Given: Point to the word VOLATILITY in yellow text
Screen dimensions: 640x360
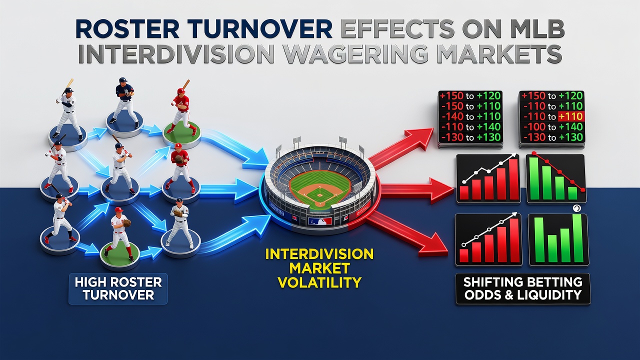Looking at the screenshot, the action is (319, 281).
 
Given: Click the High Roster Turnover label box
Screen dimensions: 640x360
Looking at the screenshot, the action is (118, 288).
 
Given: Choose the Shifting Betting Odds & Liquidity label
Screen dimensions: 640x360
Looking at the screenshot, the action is (523, 288).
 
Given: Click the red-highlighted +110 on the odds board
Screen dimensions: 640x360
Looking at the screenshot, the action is (571, 116).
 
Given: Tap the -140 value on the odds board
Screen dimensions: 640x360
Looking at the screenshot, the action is (452, 116).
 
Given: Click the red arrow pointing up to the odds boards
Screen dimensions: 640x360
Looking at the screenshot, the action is (400, 148).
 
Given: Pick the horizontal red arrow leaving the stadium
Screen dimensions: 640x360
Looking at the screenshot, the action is (417, 191).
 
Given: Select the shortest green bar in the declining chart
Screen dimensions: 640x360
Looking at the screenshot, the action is (572, 193).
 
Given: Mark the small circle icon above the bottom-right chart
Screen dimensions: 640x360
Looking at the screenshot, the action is (576, 209).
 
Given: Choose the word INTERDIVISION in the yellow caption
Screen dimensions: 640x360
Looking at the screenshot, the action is (319, 254).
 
